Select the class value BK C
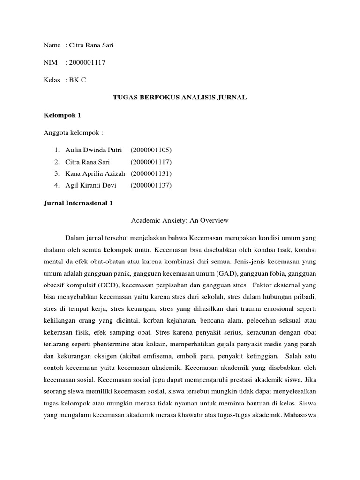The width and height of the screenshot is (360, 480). pos(77,80)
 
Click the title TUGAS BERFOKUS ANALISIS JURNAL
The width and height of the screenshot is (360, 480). pos(180,97)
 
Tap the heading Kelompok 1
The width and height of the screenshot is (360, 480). pos(60,115)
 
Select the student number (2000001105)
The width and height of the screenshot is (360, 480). pos(151,150)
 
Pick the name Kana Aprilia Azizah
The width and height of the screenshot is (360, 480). pos(96,173)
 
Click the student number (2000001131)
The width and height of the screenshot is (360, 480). pos(151,173)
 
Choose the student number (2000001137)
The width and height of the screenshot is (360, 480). pos(151,185)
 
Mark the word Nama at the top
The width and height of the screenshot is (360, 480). pos(52,45)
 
